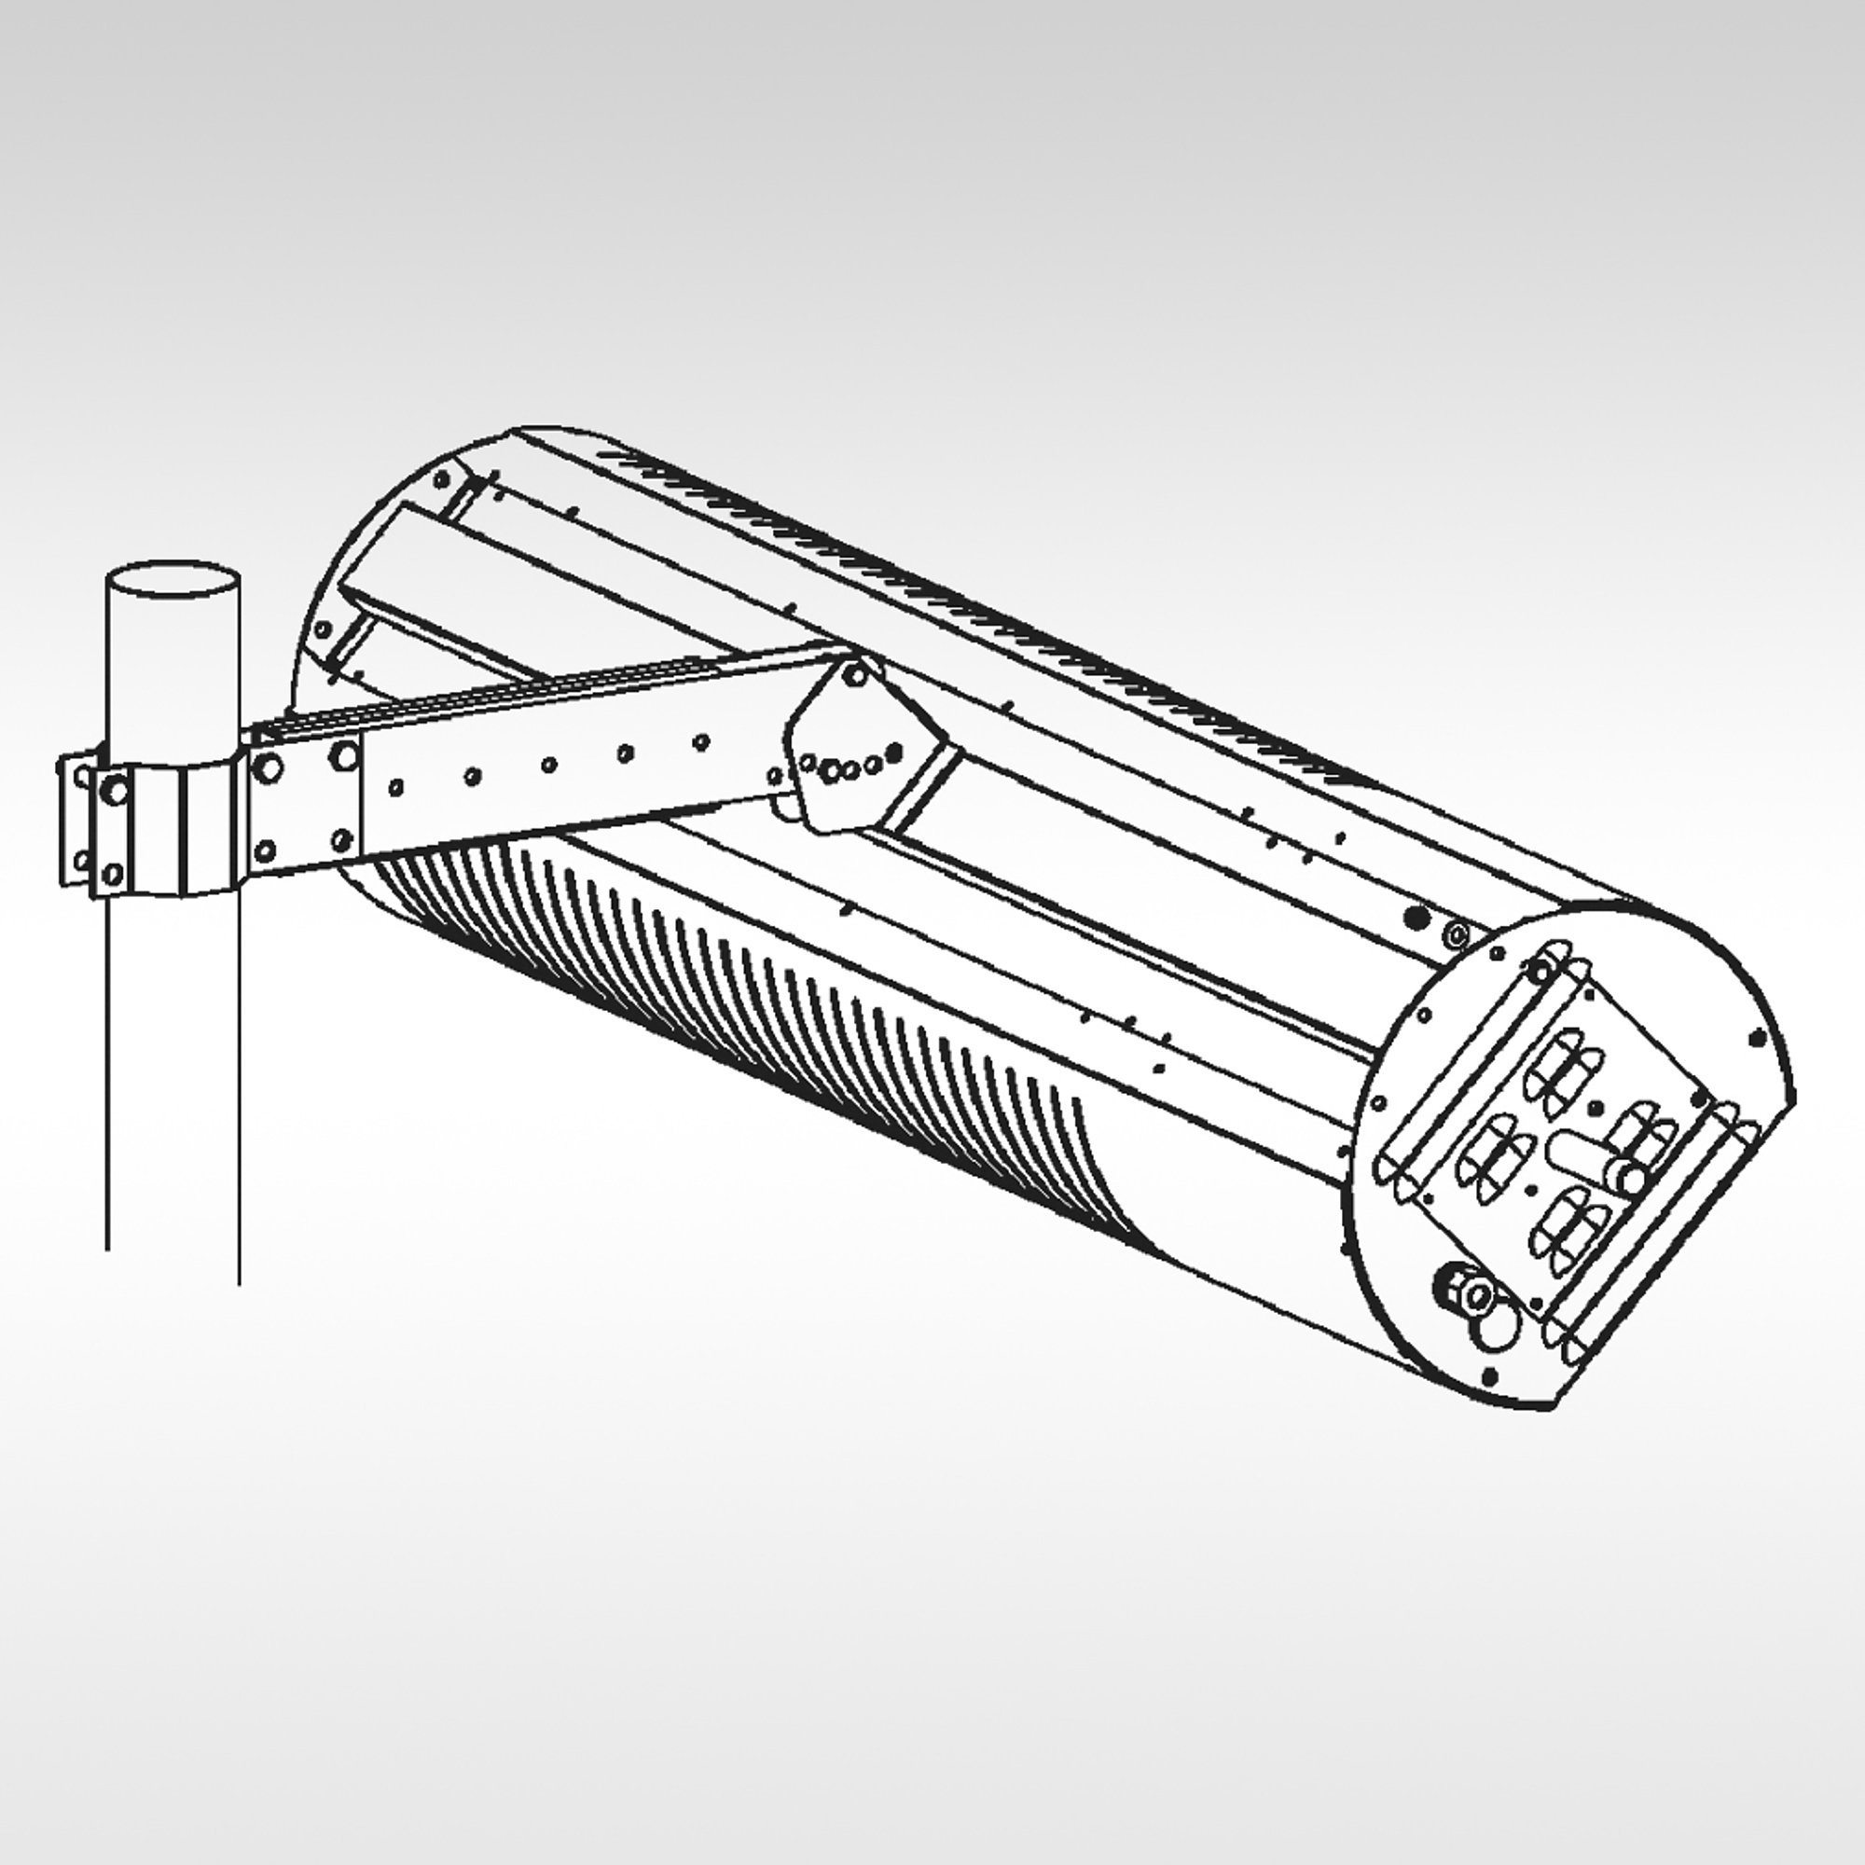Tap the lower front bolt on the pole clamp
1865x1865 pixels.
[x=113, y=875]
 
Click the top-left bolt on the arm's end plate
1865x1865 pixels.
[x=269, y=768]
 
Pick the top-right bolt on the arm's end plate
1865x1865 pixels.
[x=342, y=757]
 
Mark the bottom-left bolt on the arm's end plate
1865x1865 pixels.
[x=267, y=850]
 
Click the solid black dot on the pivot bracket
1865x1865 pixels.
[x=893, y=752]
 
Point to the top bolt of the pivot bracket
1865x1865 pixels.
[x=853, y=675]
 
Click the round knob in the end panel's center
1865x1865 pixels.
[x=1631, y=1179]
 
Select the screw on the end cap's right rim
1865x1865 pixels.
[x=1756, y=1038]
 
